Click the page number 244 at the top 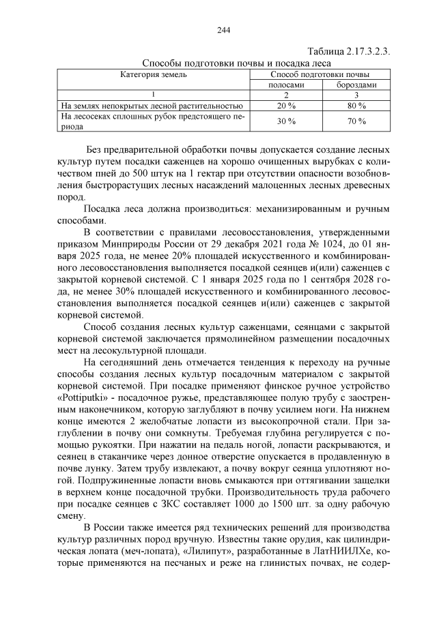(223, 30)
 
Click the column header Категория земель (154, 74)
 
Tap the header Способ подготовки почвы (320, 74)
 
